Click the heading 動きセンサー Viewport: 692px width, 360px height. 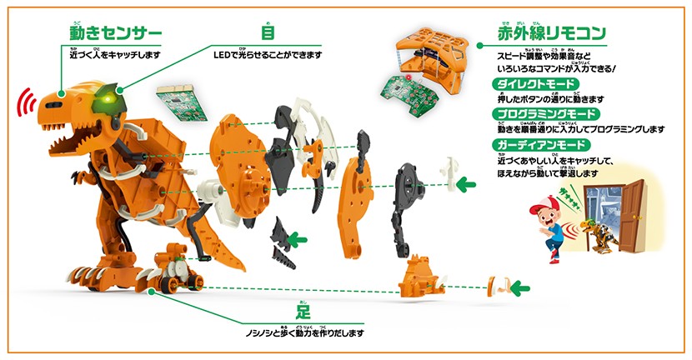tap(114, 34)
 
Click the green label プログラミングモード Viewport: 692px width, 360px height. tap(534, 114)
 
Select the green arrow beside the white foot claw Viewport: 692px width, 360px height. tap(518, 289)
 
